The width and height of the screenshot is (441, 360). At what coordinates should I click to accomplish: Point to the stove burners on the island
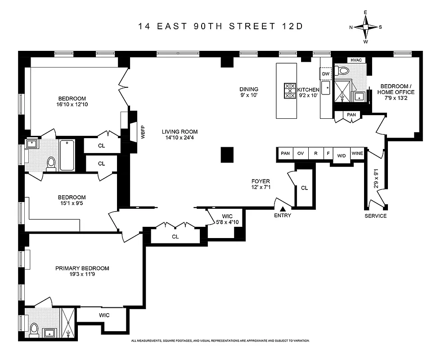click(290, 90)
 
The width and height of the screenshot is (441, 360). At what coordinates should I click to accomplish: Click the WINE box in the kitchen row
click(357, 153)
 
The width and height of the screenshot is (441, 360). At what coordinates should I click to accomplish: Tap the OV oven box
click(301, 153)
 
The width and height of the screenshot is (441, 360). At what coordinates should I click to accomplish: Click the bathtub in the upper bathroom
click(67, 155)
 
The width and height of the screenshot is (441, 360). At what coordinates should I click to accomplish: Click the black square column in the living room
click(228, 155)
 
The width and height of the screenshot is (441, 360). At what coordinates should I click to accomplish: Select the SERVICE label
click(376, 216)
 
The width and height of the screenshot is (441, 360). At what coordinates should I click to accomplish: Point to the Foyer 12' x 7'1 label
click(261, 185)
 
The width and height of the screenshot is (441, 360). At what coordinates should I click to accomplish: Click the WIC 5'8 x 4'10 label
click(221, 219)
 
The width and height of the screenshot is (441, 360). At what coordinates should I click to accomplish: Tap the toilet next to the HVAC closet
click(344, 71)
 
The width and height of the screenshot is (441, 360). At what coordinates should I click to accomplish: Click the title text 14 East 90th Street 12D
click(220, 26)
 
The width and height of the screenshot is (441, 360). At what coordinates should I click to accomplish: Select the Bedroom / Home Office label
click(397, 92)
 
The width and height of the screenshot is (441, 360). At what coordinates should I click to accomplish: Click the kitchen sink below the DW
click(325, 88)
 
